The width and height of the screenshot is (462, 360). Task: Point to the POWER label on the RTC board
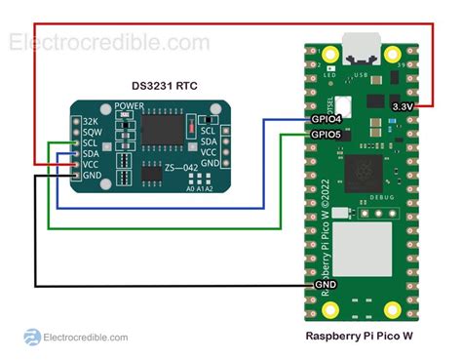(130, 105)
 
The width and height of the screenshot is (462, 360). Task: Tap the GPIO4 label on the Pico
(325, 118)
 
